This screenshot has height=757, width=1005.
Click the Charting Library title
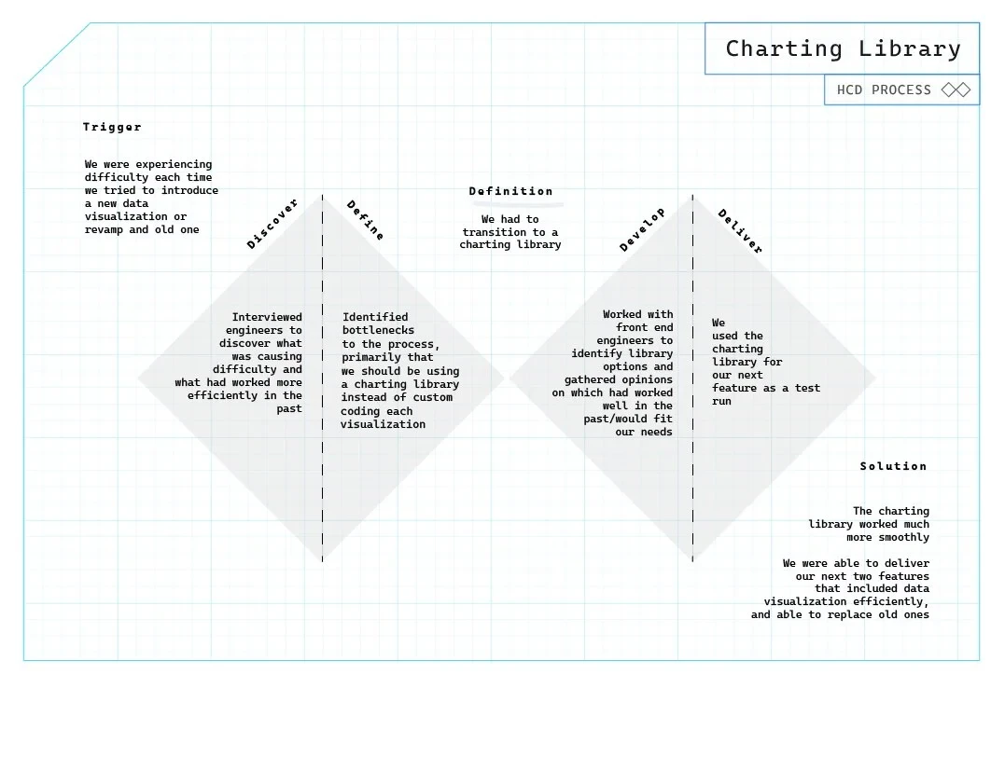pos(843,48)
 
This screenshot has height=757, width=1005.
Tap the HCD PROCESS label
pos(884,90)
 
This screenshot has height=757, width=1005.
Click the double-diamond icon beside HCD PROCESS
pos(956,90)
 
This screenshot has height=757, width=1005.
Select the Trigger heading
pos(112,127)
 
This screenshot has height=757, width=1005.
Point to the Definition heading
pos(510,191)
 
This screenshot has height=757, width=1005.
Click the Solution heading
pos(893,466)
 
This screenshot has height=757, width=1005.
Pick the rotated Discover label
pos(272,224)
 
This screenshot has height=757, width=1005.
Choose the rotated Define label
pos(365,220)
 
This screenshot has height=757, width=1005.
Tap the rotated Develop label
pos(643,229)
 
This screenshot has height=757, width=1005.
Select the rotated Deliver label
pos(740,231)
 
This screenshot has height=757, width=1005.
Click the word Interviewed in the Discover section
pos(267,317)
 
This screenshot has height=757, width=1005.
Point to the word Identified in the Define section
pos(375,317)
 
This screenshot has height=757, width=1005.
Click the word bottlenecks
pos(378,330)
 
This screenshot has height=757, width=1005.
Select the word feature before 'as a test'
pos(738,388)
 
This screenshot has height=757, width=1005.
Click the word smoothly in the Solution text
pos(901,537)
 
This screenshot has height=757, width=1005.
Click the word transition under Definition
pos(496,232)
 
